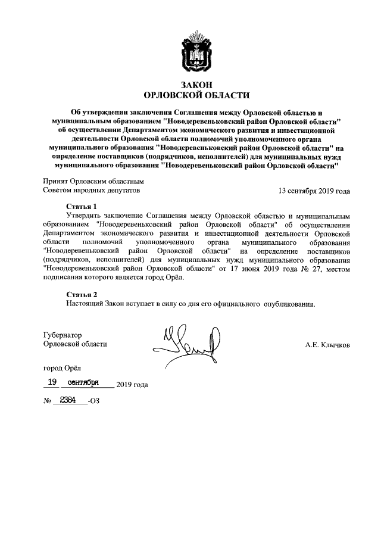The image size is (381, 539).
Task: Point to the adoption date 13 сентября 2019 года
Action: click(x=314, y=191)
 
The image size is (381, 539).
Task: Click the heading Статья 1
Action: click(x=81, y=206)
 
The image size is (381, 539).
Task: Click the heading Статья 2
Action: click(x=81, y=294)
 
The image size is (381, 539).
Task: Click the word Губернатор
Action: click(x=63, y=335)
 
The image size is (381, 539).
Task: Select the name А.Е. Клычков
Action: click(x=327, y=345)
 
